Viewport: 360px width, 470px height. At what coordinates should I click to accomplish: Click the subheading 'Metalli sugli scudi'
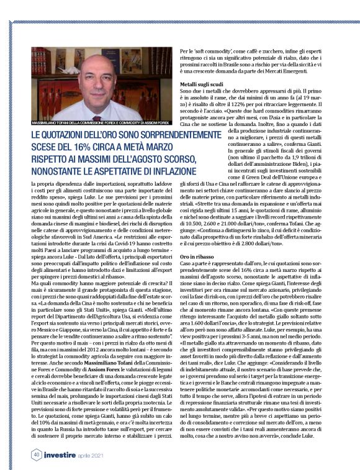coord(201,83)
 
